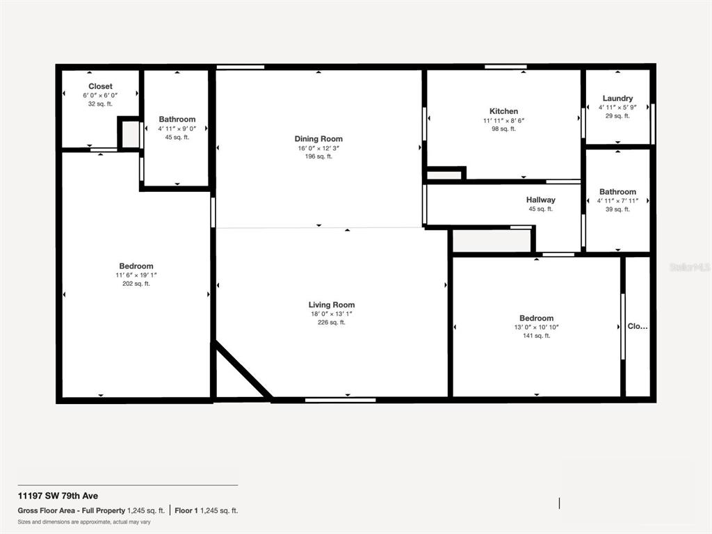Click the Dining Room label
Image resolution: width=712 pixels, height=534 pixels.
point(318,139)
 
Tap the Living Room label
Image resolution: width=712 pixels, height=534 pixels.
point(332,305)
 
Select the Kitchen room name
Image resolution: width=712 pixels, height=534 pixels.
point(503,111)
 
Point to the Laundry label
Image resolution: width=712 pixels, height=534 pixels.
point(617,98)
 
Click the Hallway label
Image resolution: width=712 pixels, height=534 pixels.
point(540,200)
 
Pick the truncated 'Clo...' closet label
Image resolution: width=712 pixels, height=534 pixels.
point(638,326)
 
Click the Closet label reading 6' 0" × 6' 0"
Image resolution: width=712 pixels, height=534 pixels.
point(100,86)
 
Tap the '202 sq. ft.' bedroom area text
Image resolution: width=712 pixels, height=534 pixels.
point(136,284)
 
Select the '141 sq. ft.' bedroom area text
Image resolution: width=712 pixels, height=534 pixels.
point(536,336)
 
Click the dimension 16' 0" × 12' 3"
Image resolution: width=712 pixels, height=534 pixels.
point(318,149)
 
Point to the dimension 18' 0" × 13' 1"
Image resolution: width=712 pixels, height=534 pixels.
point(332,314)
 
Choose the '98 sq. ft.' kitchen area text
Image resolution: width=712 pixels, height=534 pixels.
point(503,129)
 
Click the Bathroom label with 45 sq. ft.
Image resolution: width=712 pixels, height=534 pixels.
point(177,120)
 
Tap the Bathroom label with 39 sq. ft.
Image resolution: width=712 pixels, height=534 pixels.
point(617,192)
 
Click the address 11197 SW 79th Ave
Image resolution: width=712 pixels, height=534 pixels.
point(58,496)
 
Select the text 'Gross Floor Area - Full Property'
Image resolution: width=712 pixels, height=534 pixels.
point(72,510)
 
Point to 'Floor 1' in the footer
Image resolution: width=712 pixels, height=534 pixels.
point(186,510)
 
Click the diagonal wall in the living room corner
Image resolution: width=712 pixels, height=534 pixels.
point(243,370)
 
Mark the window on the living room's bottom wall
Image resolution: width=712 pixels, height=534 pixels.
point(340,400)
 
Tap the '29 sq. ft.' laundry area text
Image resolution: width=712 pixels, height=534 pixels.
point(617,116)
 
